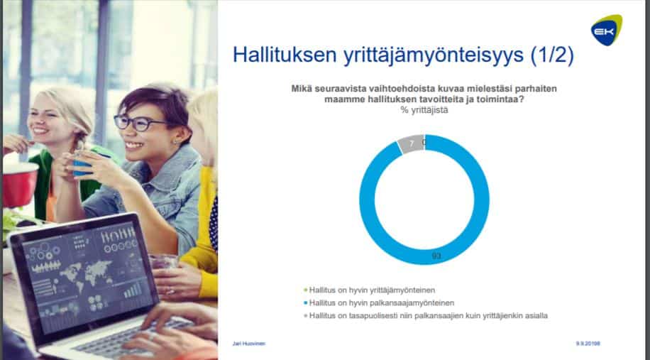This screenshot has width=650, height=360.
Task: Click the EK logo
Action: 607,30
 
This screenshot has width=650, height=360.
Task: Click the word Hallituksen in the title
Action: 285,55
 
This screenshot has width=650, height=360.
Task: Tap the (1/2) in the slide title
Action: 552,55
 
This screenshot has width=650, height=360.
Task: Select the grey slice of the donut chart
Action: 410,143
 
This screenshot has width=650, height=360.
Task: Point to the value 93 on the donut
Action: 436,256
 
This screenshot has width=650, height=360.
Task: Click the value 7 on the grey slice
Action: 412,143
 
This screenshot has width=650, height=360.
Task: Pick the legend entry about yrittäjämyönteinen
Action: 370,290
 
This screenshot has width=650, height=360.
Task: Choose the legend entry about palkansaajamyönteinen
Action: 380,302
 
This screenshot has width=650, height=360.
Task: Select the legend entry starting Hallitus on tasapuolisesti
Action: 426,316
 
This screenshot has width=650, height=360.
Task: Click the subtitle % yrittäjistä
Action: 424,110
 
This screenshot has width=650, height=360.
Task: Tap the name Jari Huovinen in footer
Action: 249,344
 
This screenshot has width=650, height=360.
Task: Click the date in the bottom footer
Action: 588,344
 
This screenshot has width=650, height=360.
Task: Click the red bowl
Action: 19,184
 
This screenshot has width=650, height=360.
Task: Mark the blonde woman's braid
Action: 77,142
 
